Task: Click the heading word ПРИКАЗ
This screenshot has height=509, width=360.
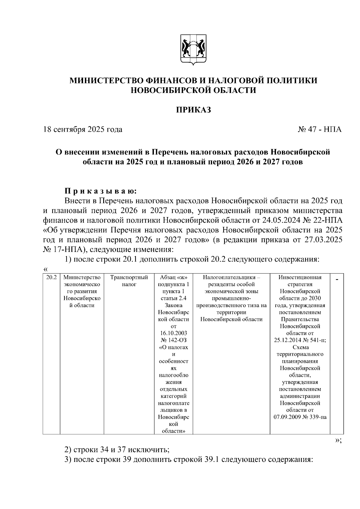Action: coord(193,110)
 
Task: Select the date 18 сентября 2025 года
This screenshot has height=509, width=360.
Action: coord(83,130)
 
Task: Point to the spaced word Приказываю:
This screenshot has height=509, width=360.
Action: coord(100,191)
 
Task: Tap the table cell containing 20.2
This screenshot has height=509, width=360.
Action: coord(51,277)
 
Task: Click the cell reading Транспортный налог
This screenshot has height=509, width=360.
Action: coord(129,281)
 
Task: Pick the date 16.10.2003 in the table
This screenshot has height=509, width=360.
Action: coord(173,333)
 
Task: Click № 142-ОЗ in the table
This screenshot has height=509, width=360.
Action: coord(173,340)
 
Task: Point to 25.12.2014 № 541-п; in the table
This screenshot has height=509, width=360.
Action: coord(300,340)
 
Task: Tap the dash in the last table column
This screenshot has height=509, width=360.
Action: coord(337,280)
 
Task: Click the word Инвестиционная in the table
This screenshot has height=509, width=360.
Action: coord(300,277)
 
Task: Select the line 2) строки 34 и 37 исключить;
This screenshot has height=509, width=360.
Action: coord(117,450)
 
